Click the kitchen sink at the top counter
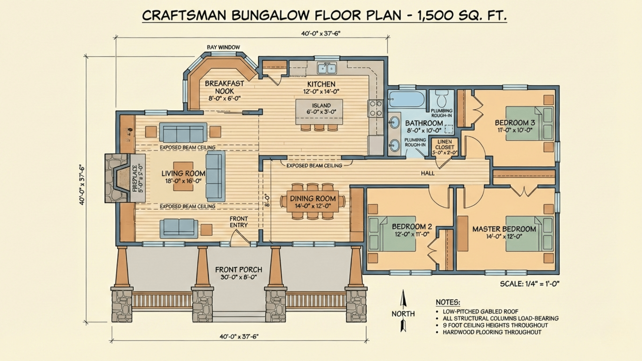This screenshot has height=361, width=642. [x=327, y=69]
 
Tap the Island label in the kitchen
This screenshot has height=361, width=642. [x=321, y=106]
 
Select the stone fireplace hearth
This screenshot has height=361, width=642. [x=117, y=178]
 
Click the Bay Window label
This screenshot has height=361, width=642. [x=223, y=47]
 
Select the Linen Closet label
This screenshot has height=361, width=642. [x=444, y=144]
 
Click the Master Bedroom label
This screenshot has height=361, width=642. [x=504, y=229]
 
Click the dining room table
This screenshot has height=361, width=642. [x=313, y=201]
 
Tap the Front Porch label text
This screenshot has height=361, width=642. [x=238, y=270]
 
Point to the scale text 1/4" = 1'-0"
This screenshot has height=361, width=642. [x=529, y=284]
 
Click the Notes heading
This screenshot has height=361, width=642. [x=448, y=303]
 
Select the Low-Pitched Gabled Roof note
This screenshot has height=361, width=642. [x=480, y=312]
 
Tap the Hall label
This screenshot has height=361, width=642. [x=428, y=173]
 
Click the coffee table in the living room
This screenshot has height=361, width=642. [x=183, y=176]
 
